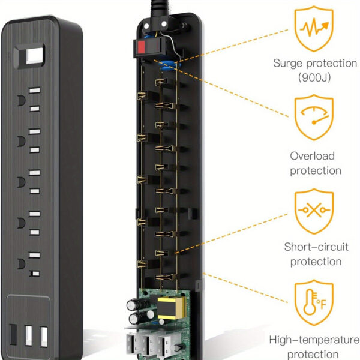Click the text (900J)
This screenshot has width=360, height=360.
316,77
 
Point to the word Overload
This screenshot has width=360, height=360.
312,156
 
